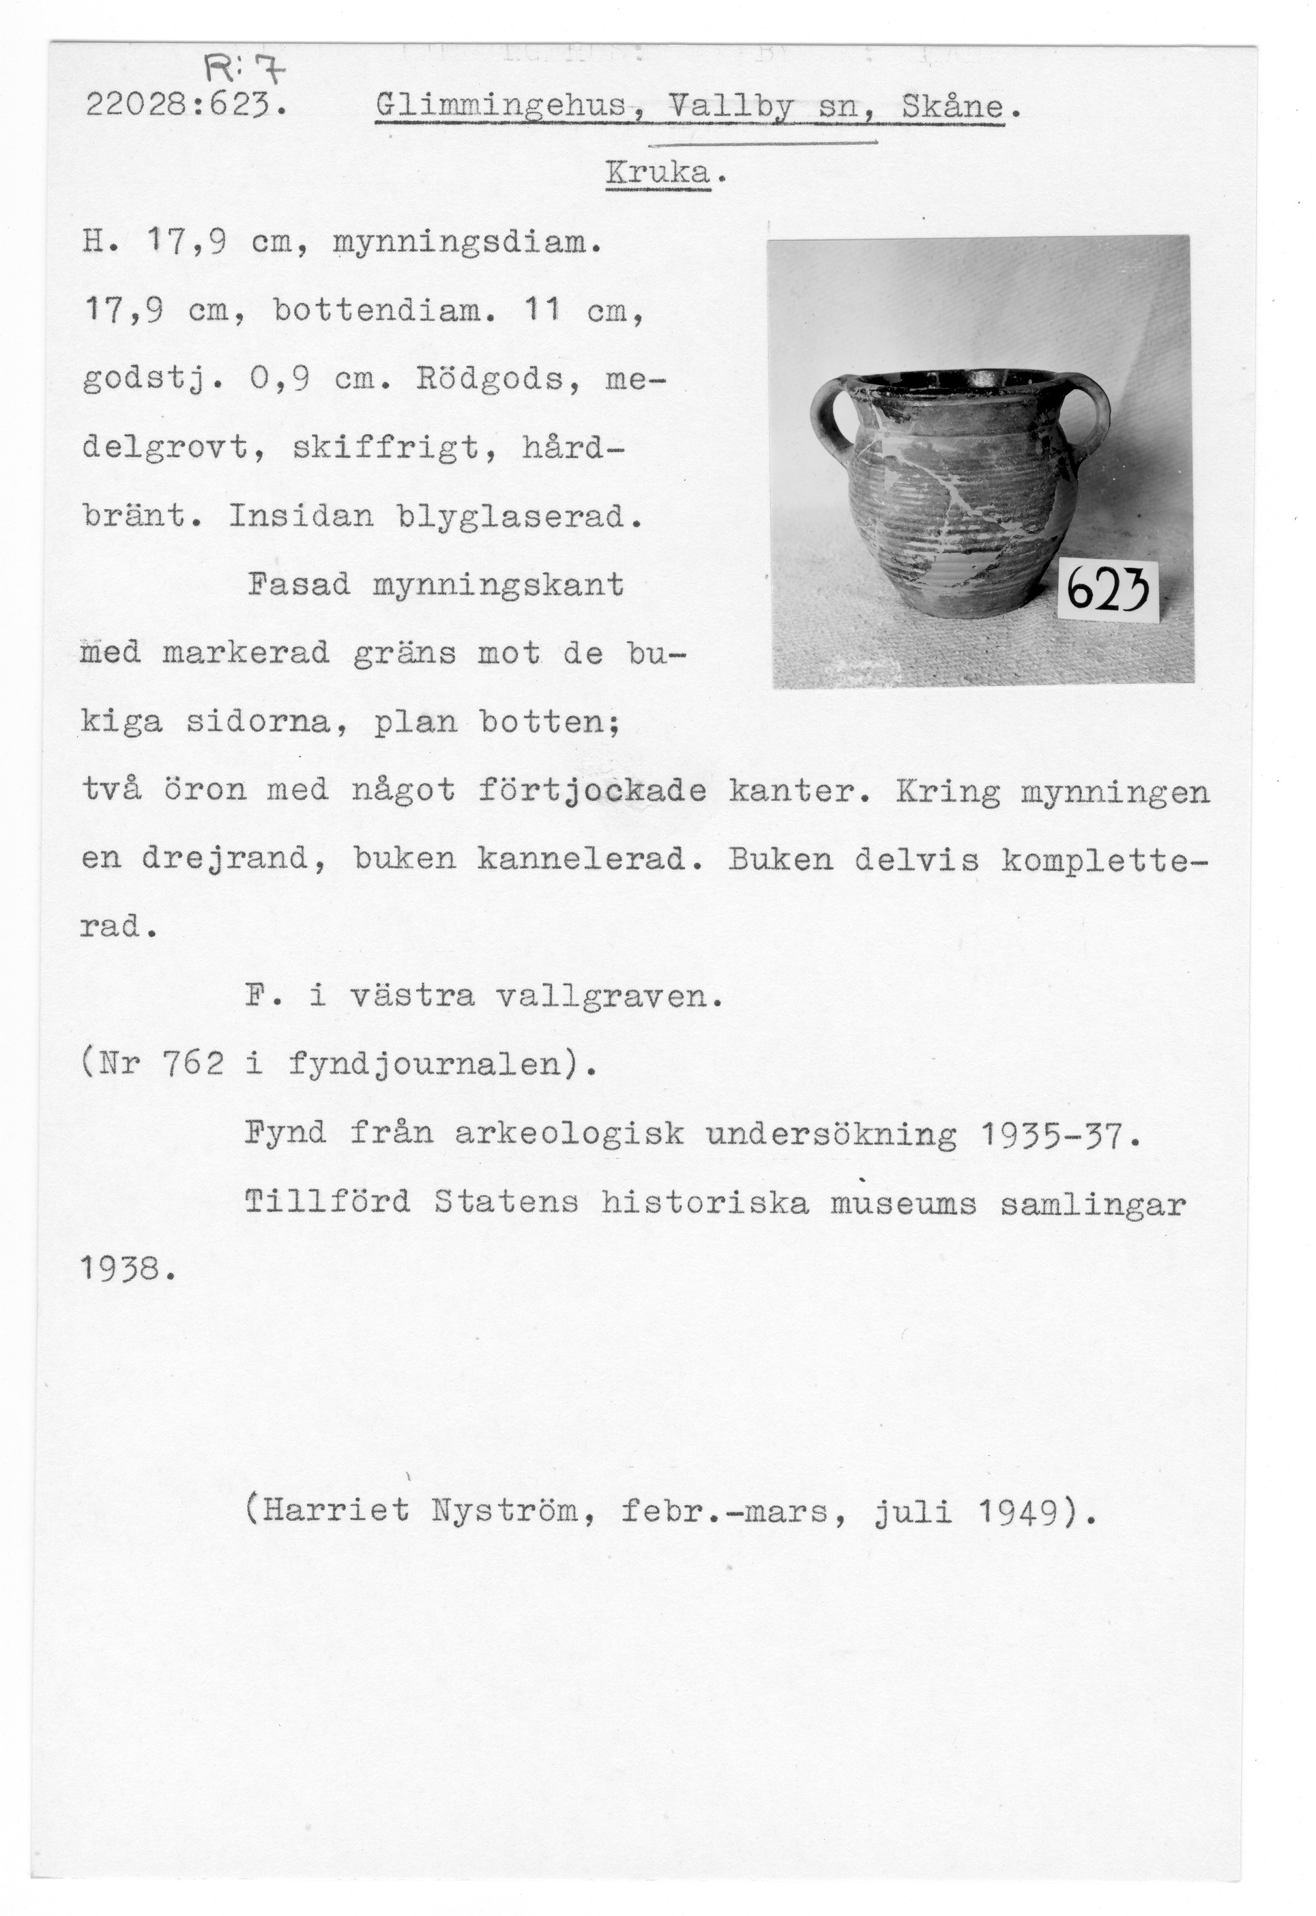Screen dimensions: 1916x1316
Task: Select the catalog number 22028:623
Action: point(186,106)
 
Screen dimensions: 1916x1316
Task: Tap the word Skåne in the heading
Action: point(953,107)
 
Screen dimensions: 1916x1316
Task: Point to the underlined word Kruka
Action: point(658,173)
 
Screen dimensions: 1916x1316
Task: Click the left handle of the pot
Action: point(832,420)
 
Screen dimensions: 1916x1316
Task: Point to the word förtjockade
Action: point(591,791)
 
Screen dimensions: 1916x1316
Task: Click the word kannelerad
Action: point(581,859)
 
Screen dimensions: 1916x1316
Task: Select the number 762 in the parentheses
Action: point(192,1065)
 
